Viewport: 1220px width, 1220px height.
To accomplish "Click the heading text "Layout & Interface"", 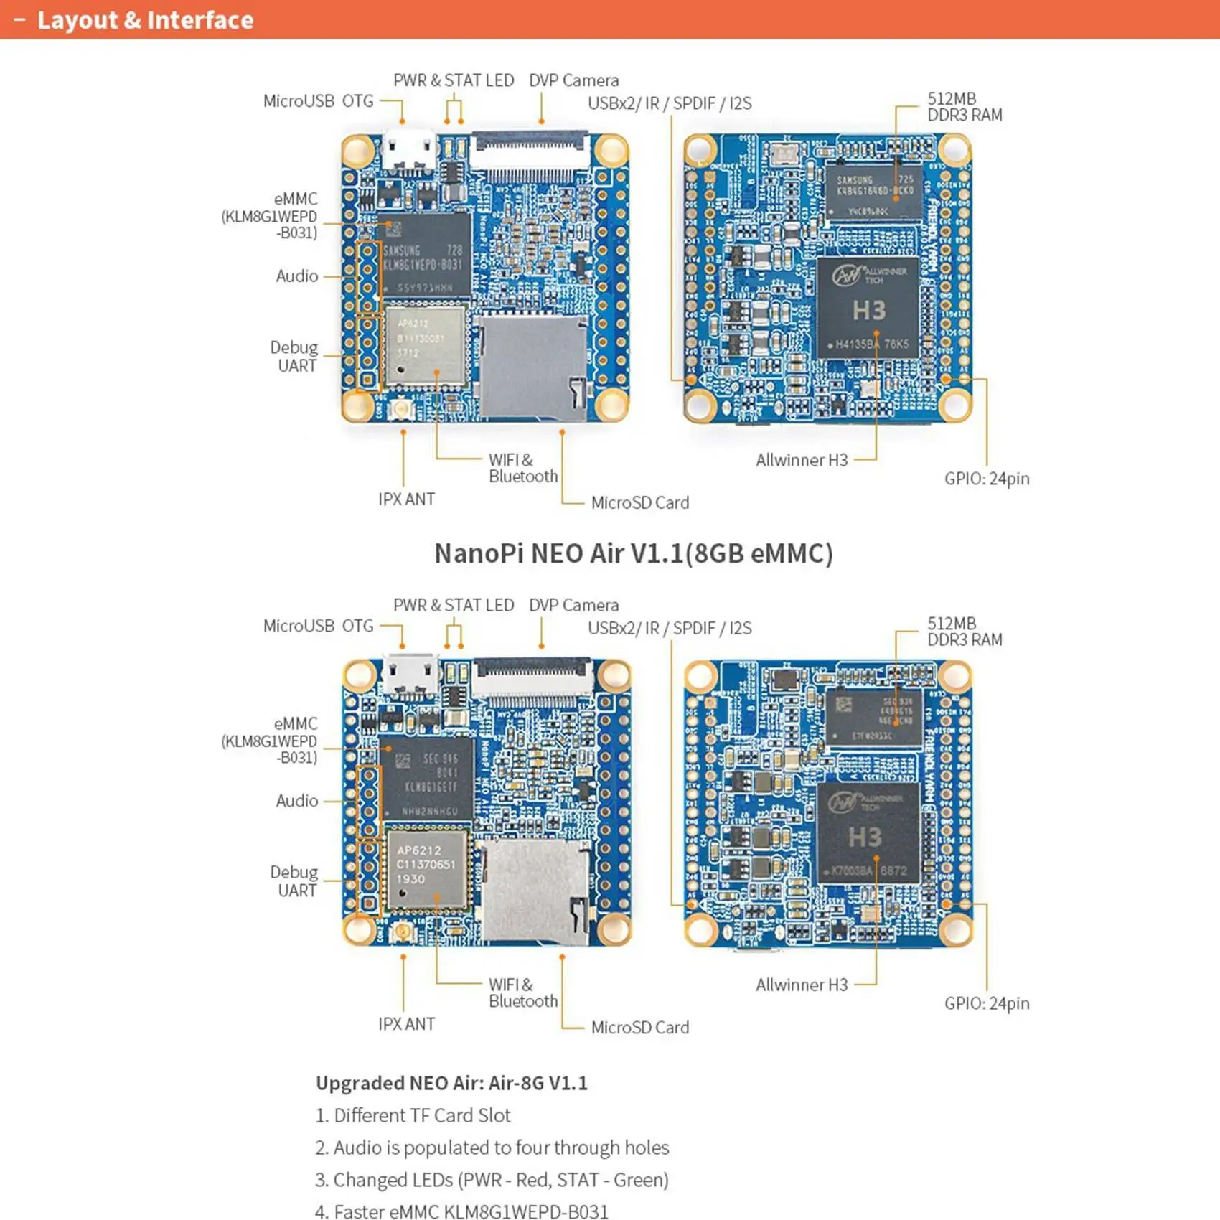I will [x=145, y=20].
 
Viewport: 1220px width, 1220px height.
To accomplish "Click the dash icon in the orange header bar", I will [x=19, y=20].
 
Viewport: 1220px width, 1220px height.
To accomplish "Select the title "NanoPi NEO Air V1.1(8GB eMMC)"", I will [x=634, y=553].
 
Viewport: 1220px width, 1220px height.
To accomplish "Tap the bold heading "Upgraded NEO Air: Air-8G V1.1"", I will [x=451, y=1083].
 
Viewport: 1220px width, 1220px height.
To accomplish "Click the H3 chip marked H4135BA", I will [x=868, y=307].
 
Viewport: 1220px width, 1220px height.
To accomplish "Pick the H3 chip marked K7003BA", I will [x=868, y=832].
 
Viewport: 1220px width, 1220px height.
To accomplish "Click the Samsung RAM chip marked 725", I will [x=874, y=191].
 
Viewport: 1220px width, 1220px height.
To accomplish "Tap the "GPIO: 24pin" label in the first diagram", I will [x=987, y=479].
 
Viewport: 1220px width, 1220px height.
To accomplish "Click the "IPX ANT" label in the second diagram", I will [x=406, y=1024].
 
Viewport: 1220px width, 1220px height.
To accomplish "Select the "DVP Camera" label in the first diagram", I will [x=573, y=80].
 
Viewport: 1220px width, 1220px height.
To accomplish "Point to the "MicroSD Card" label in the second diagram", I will [x=639, y=1028].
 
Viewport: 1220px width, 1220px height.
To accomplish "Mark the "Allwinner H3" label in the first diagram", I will [x=802, y=460].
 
